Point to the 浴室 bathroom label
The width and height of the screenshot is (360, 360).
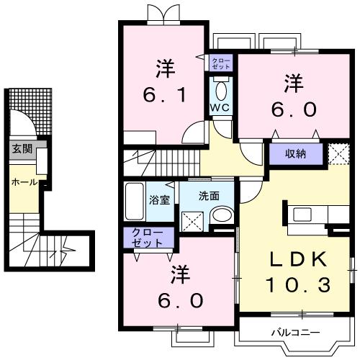pos(159,199)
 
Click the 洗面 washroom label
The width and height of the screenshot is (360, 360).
pos(209,194)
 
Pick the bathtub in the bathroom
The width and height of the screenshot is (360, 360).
pos(135,201)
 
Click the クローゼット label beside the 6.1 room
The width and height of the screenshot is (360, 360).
pos(221,63)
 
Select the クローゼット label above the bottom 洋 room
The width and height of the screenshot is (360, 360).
pos(148,238)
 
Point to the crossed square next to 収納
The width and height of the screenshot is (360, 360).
pos(338,153)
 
